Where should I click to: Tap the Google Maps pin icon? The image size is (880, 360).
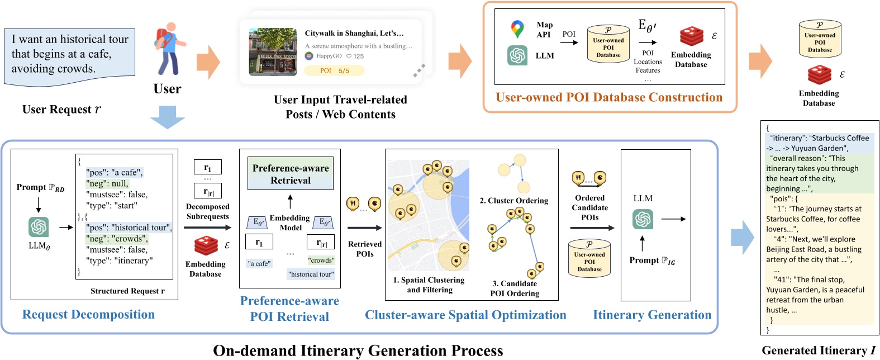coord(517,29)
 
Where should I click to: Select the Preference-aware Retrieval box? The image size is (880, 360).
coord(291,174)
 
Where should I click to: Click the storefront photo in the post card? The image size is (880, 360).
coord(273,51)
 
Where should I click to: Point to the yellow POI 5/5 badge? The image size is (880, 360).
coord(334,70)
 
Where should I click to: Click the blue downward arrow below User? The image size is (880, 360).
coord(167,117)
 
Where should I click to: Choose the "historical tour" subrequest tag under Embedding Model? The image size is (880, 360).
coord(311,274)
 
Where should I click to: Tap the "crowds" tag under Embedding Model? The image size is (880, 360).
coord(321,260)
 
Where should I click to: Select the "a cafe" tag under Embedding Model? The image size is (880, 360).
coord(259,263)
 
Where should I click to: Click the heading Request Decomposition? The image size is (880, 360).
coord(88,314)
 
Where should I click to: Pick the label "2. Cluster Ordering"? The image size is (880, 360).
coord(514,201)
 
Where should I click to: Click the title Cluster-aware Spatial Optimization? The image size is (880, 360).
coord(465,315)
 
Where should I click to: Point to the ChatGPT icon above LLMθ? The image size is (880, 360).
coord(39,226)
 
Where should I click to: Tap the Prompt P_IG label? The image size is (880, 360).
coord(652,260)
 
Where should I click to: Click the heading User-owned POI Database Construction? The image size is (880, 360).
coord(609,97)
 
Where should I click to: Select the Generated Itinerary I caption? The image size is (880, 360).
coord(819,350)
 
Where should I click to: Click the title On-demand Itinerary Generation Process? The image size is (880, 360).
coord(358,350)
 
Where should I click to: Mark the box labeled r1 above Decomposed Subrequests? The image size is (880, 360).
coord(208,167)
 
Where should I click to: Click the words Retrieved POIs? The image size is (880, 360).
coord(365,249)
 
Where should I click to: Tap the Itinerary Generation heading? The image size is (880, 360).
coord(652,315)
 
